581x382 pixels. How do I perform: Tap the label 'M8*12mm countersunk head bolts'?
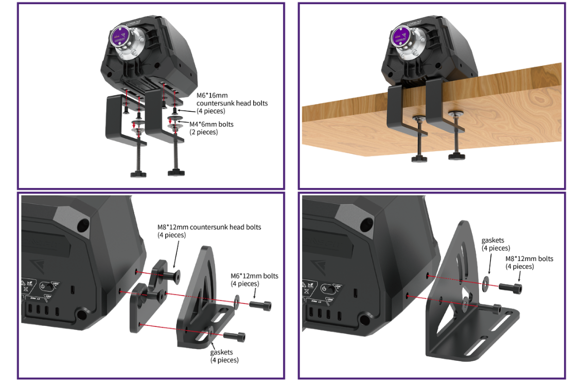tap(209, 227)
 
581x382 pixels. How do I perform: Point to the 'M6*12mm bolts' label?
tap(254, 276)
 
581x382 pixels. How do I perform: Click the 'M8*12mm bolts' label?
tap(529, 258)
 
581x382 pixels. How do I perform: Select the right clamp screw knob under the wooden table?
tap(457, 155)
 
